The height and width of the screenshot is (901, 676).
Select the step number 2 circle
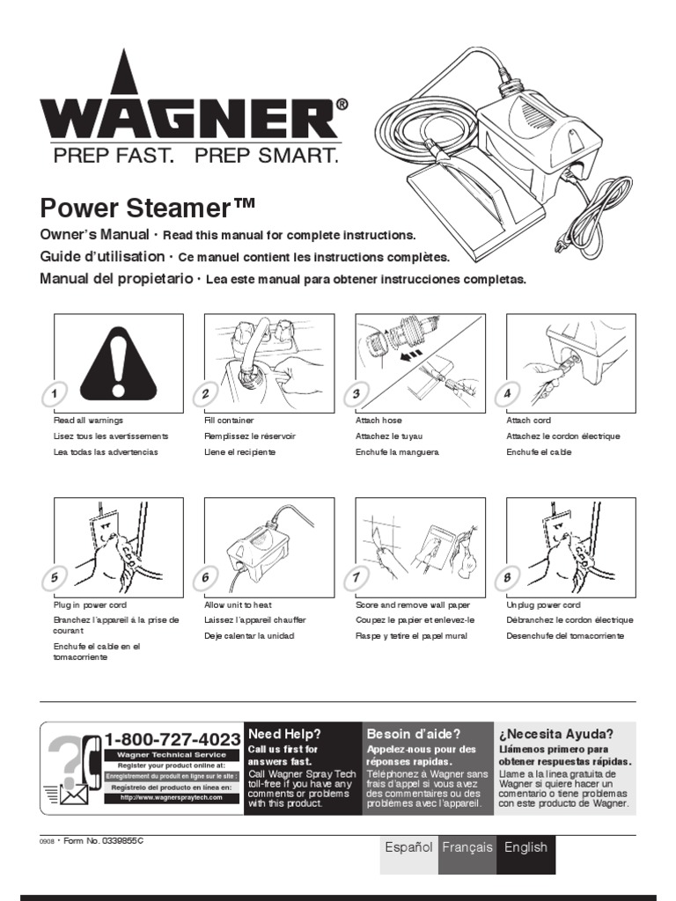206,393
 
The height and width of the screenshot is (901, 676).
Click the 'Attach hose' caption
378,421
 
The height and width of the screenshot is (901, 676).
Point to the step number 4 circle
507,393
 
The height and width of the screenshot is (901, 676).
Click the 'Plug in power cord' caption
91,605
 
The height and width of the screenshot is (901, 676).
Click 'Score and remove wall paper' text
412,605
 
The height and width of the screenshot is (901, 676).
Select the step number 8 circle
507,577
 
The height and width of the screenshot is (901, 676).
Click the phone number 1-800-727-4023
173,739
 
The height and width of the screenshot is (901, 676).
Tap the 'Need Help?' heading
284,734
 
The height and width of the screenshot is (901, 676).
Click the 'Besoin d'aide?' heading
413,734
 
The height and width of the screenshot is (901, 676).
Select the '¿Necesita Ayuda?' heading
556,734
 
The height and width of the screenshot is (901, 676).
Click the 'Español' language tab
408,847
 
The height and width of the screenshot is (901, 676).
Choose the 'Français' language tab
467,847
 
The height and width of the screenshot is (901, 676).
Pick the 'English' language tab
525,847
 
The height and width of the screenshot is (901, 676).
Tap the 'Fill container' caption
229,421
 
